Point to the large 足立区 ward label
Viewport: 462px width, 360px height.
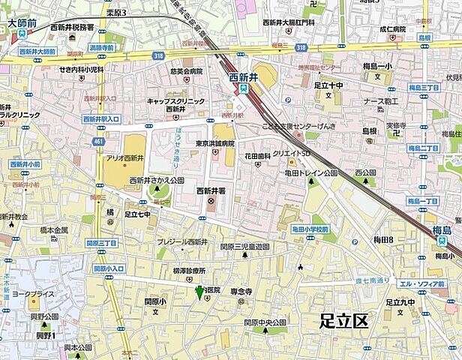pos(343,321)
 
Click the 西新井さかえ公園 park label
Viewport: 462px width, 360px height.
pos(156,181)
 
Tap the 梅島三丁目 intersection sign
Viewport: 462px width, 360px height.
pos(424,88)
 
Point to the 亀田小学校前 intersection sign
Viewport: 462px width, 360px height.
pos(310,229)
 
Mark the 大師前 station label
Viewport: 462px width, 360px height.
pos(22,23)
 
